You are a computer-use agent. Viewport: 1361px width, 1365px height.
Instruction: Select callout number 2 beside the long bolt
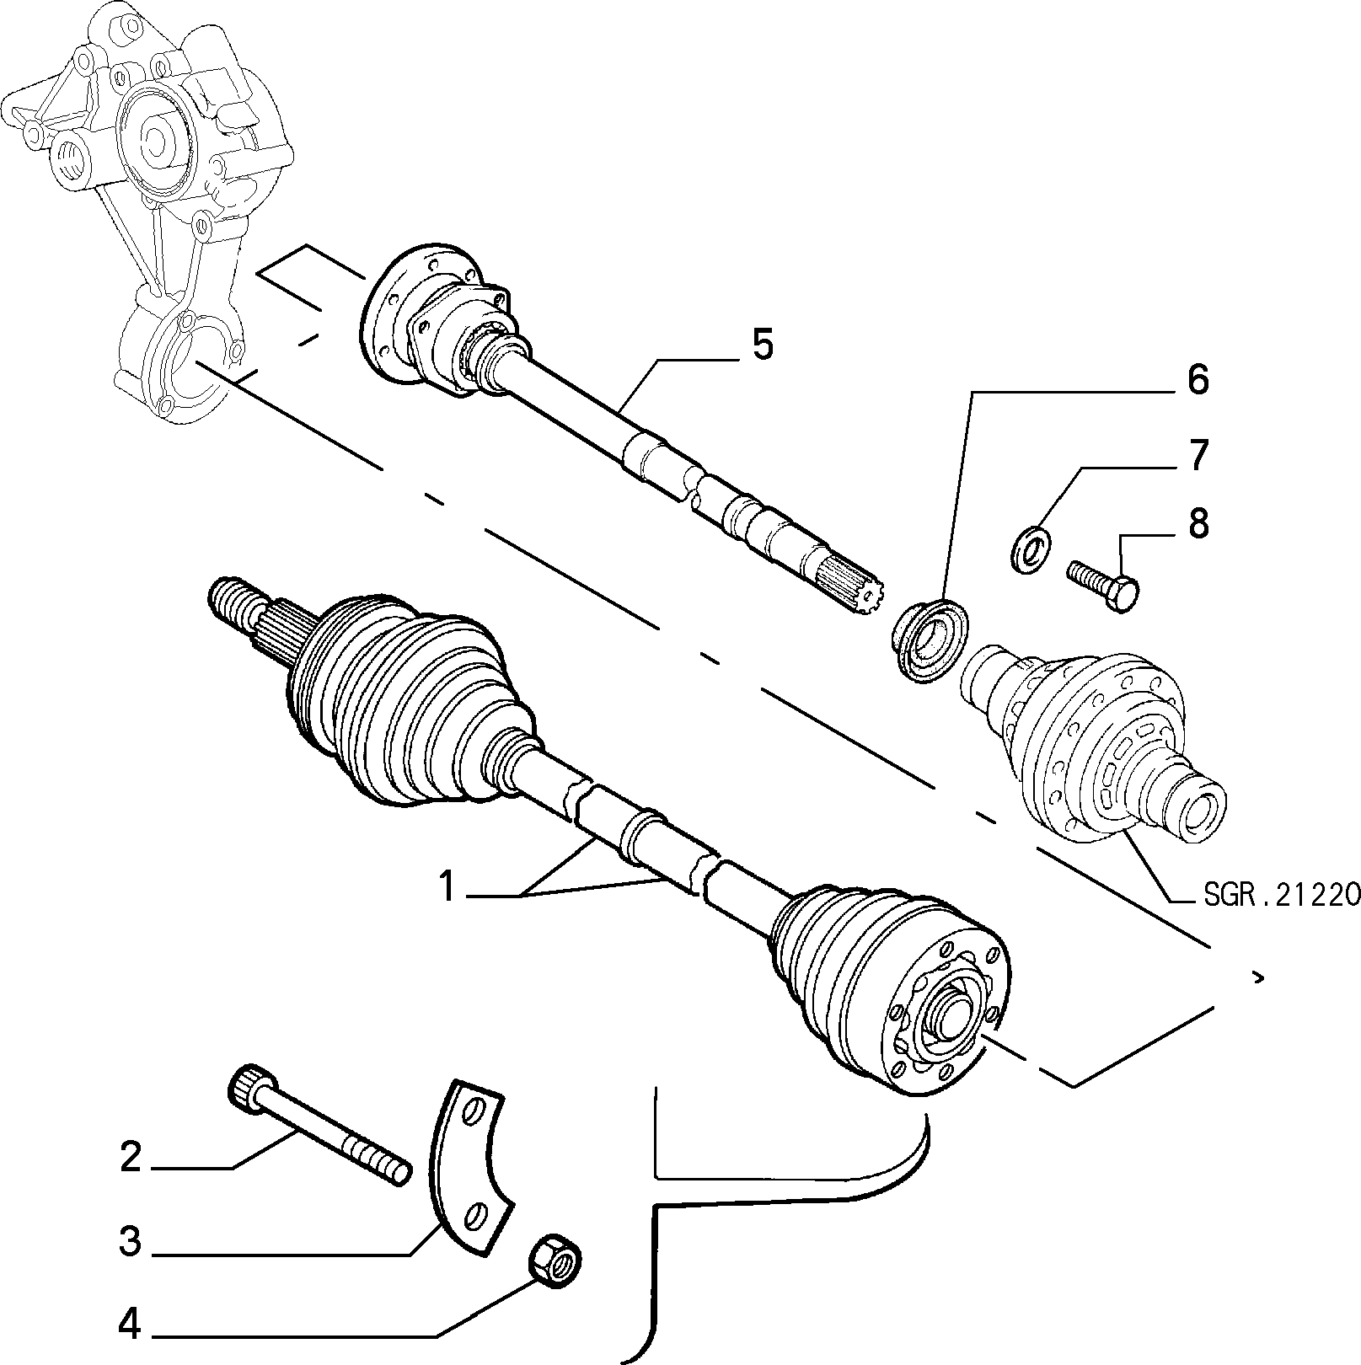(131, 1159)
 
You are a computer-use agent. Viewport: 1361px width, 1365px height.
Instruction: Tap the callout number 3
(130, 1242)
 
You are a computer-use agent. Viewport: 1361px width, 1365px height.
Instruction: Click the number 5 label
(762, 346)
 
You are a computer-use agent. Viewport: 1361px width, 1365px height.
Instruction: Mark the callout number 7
(1198, 455)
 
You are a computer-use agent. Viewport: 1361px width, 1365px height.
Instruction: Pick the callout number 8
(1198, 523)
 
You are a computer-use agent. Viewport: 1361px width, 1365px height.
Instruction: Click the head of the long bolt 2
(250, 1086)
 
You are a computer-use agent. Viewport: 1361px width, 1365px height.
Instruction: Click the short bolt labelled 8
(1103, 586)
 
